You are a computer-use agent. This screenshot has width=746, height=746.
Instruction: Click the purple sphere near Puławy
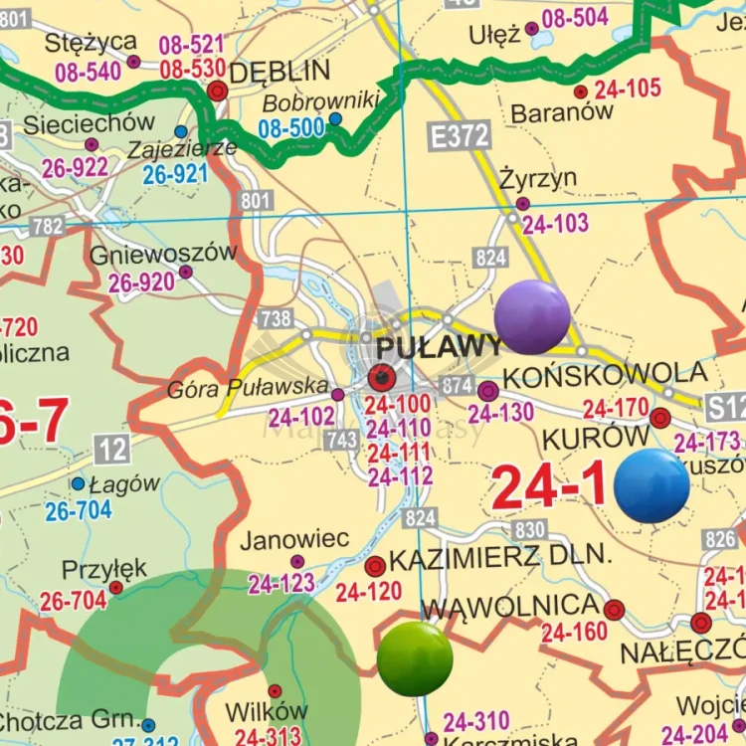pos(532,317)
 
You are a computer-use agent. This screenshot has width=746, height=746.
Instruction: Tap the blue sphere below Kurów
pos(652,485)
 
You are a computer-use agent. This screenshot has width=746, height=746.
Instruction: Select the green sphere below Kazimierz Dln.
pos(415,658)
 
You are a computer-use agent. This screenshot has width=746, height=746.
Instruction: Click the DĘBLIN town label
pos(280,72)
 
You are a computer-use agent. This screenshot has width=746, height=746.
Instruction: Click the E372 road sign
pos(460,137)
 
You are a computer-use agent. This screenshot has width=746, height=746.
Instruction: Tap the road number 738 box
pos(277,318)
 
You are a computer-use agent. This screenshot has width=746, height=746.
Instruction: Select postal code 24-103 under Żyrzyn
pos(556,225)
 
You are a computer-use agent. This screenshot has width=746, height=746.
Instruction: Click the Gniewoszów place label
pos(163,253)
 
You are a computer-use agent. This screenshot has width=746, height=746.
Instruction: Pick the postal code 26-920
pos(141,282)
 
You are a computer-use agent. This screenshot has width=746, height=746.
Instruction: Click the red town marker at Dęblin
pos(217,92)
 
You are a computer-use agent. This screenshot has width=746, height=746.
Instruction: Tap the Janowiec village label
pos(294,539)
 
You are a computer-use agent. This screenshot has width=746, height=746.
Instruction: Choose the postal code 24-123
pos(281,584)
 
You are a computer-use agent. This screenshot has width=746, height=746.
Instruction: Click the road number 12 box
pos(112,450)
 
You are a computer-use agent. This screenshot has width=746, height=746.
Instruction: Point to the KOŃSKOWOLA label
pos(606,375)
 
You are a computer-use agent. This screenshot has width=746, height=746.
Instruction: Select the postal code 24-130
pos(501,414)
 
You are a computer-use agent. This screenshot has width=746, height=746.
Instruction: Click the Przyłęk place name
pos(104,569)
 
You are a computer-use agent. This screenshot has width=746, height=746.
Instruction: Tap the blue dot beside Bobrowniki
pos(335,119)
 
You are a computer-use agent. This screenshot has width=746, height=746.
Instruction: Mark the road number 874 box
pos(457,385)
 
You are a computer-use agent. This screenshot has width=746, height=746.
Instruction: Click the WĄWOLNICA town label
pos(511,606)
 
